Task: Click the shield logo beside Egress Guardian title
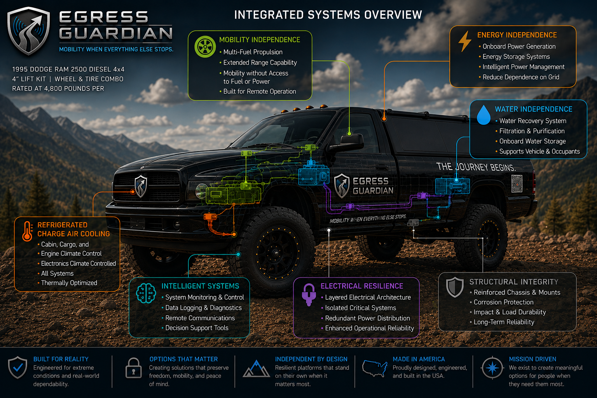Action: coord(28,31)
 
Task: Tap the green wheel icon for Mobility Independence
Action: coord(205,47)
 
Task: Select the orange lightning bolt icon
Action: coord(464,41)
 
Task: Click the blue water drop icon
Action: coord(484,115)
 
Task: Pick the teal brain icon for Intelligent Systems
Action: coord(146,293)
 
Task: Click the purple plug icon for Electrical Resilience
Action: coord(309,295)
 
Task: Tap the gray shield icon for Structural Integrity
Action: coord(455,287)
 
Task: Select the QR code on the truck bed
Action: coord(517,183)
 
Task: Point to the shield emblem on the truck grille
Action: coord(141,186)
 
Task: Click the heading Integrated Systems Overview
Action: coord(328,15)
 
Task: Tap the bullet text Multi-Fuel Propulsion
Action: coord(253,52)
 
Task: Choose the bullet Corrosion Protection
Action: coord(503,302)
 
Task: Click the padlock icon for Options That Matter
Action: coord(133,368)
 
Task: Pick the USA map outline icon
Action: coord(374,368)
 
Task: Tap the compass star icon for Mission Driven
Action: coord(492,368)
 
